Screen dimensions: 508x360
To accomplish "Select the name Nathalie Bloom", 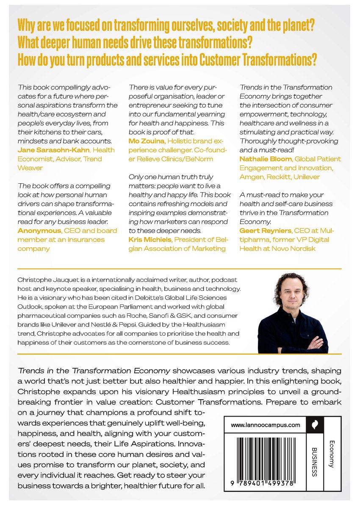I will (x=265, y=159).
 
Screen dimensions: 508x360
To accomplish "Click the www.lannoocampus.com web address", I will (x=266, y=425).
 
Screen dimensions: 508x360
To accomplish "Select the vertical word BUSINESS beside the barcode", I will (x=314, y=462).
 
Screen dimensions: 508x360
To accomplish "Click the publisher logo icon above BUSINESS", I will (x=314, y=425).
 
